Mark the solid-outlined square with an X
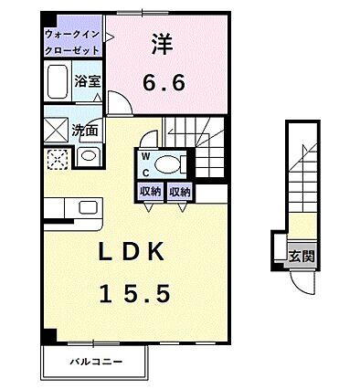55,128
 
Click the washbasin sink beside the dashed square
87,157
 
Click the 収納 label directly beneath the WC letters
150,192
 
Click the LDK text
133,251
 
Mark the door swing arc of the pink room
121,104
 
